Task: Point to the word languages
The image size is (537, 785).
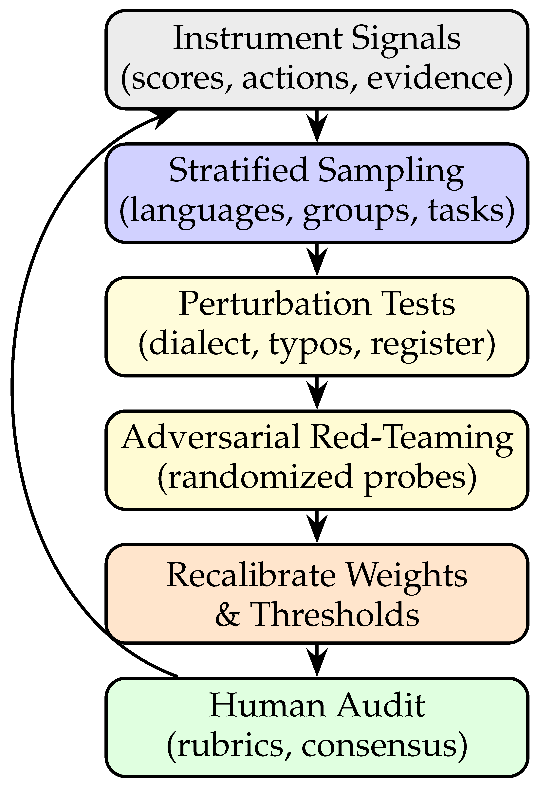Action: [x=206, y=210]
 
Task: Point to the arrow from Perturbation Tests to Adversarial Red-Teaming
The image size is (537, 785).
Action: [x=317, y=393]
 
